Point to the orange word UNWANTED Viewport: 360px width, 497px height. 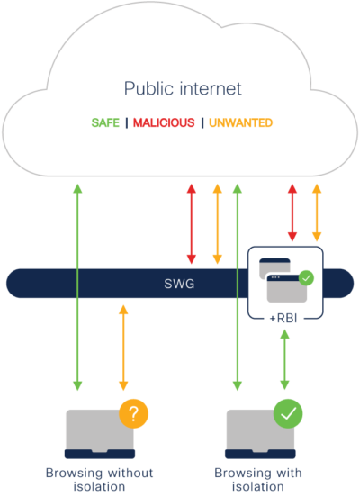click(x=240, y=122)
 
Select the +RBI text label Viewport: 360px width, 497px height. click(x=284, y=318)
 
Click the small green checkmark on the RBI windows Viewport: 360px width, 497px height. click(x=306, y=279)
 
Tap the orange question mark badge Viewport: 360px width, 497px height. click(x=133, y=413)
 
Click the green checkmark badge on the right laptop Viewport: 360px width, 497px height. click(x=288, y=413)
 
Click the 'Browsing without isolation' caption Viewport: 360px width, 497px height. click(x=100, y=479)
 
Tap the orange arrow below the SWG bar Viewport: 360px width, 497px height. click(x=123, y=347)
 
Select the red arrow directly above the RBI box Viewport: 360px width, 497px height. click(x=291, y=212)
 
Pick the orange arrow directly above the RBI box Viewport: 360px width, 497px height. click(x=315, y=212)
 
